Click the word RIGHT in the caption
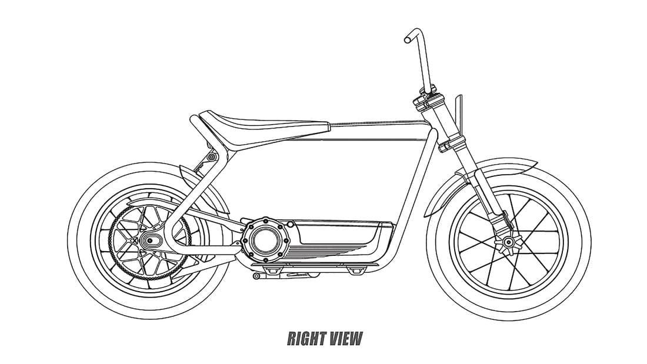click(306, 339)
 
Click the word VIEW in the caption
click(345, 339)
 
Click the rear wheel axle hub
click(150, 240)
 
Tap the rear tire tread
click(149, 316)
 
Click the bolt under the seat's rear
click(212, 157)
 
